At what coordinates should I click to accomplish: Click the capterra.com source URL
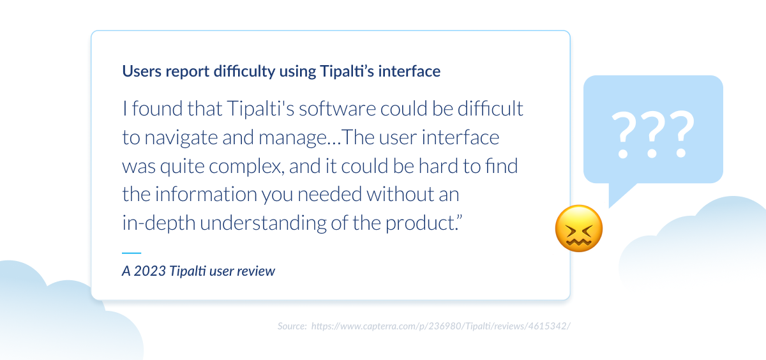(x=440, y=326)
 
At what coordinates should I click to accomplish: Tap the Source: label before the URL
(x=292, y=326)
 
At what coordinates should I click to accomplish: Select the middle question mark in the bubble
(x=653, y=135)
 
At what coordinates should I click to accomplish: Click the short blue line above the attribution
(x=131, y=253)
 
